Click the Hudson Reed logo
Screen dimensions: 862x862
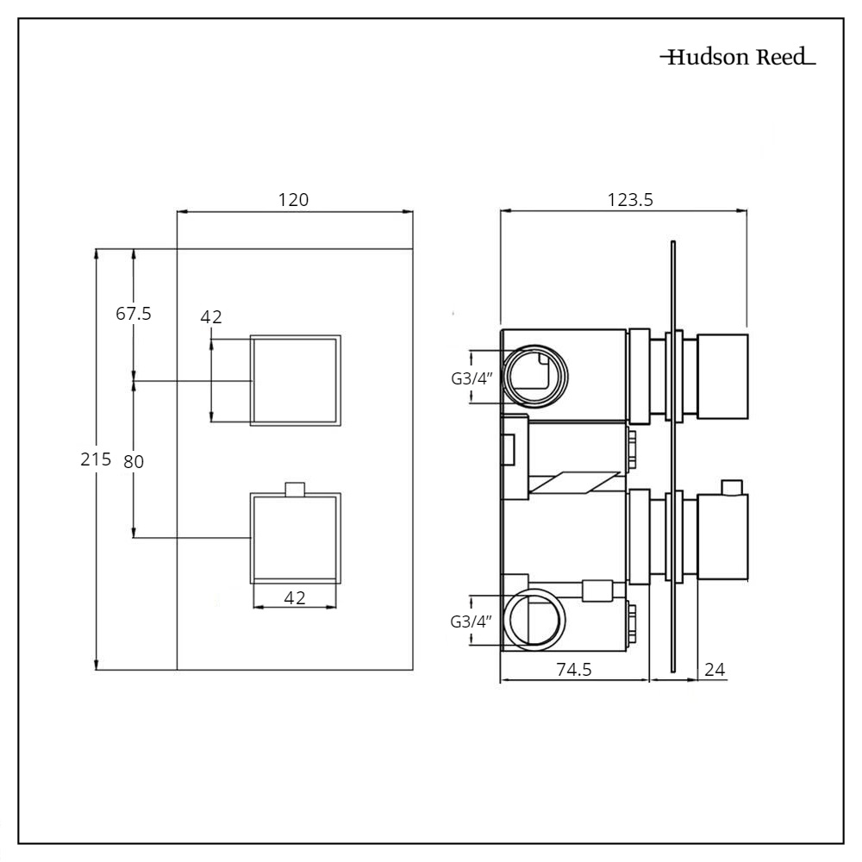point(738,59)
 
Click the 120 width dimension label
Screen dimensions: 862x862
point(293,200)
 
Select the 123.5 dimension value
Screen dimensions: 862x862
point(631,200)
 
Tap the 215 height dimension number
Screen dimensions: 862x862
point(96,459)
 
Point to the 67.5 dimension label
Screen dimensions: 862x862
point(134,314)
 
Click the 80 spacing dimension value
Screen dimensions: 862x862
point(134,461)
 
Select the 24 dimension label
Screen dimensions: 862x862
point(715,670)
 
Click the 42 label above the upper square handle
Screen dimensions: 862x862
point(211,317)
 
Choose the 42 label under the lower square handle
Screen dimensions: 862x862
point(295,597)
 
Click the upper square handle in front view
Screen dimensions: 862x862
point(295,379)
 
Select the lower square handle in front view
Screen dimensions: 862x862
point(295,538)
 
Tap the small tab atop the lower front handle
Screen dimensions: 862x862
point(295,489)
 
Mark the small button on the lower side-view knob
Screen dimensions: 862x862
point(734,488)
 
